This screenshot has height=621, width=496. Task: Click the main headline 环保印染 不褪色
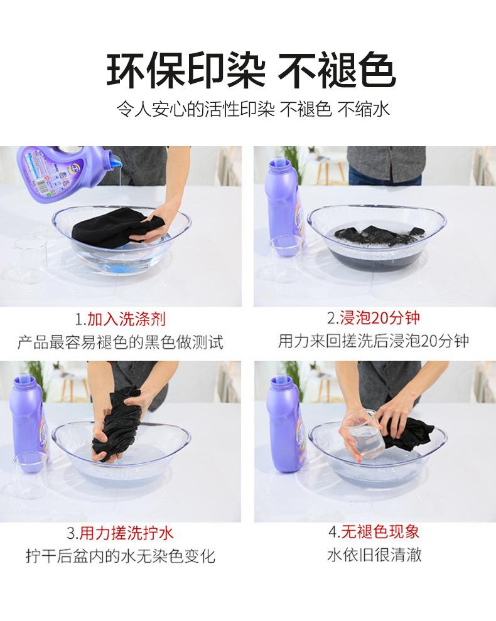pyautogui.click(x=251, y=70)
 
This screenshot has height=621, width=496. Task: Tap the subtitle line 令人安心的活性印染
pyautogui.click(x=195, y=109)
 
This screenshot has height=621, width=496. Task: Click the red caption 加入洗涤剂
pyautogui.click(x=126, y=319)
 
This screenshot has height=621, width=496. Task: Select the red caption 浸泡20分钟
pyautogui.click(x=380, y=317)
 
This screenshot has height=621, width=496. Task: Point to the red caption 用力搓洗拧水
pyautogui.click(x=126, y=533)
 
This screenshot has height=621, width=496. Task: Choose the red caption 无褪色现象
pyautogui.click(x=380, y=531)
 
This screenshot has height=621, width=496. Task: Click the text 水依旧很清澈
pyautogui.click(x=374, y=555)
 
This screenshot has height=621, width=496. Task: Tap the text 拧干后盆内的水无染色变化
pyautogui.click(x=121, y=556)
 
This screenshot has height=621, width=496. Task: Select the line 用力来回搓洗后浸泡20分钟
pyautogui.click(x=374, y=341)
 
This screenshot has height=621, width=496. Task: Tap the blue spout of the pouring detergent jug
pyautogui.click(x=115, y=162)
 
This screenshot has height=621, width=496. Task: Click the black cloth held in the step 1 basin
pyautogui.click(x=117, y=226)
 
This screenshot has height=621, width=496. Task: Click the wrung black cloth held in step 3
pyautogui.click(x=117, y=425)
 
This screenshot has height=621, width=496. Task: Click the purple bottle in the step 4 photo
pyautogui.click(x=284, y=424)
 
